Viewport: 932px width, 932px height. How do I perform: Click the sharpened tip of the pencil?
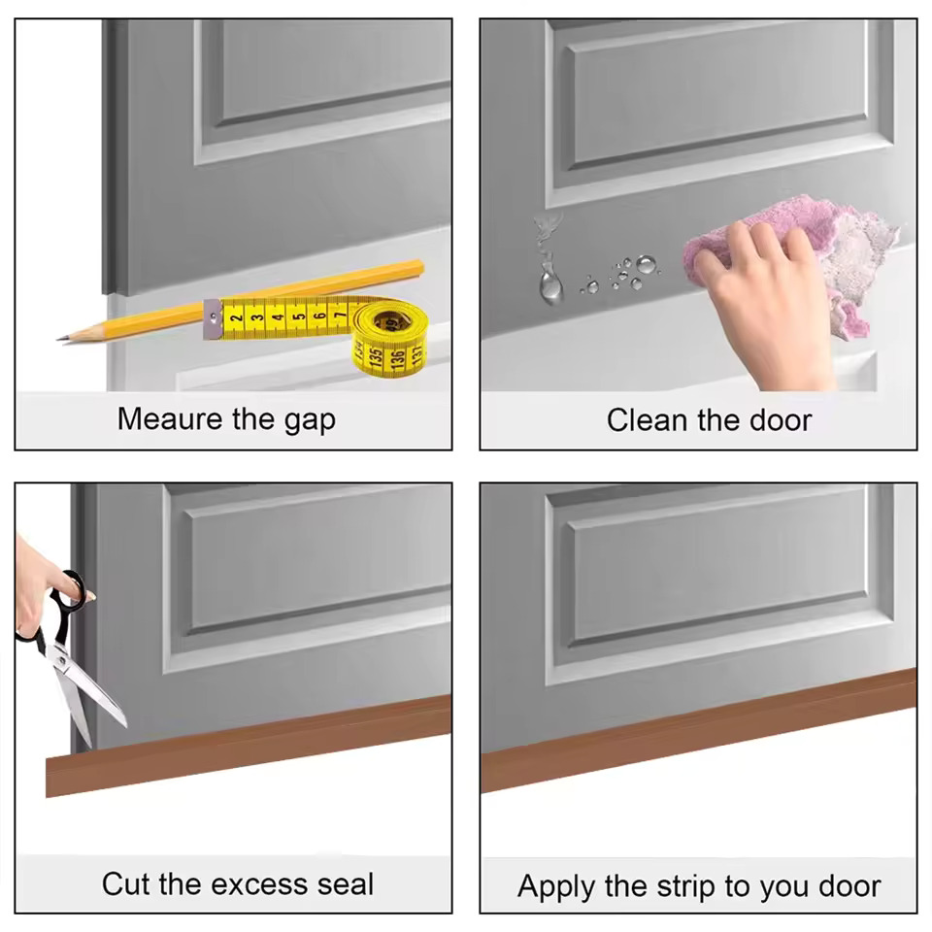pyautogui.click(x=59, y=339)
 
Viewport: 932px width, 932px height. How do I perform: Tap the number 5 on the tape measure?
pyautogui.click(x=298, y=316)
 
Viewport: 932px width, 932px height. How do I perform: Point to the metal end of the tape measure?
pyautogui.click(x=213, y=319)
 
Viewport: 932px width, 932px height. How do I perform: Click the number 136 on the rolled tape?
pyautogui.click(x=397, y=359)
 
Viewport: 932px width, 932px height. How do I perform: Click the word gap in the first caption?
pyautogui.click(x=310, y=421)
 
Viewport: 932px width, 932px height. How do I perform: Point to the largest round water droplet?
pyautogui.click(x=647, y=264)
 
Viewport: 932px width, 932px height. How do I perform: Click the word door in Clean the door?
pyautogui.click(x=781, y=420)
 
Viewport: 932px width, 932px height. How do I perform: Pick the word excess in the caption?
pyautogui.click(x=260, y=884)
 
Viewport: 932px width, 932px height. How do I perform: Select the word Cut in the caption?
pyautogui.click(x=126, y=883)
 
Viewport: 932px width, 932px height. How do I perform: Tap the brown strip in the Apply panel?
pyautogui.click(x=698, y=730)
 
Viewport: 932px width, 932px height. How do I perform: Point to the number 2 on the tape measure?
pyautogui.click(x=237, y=318)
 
